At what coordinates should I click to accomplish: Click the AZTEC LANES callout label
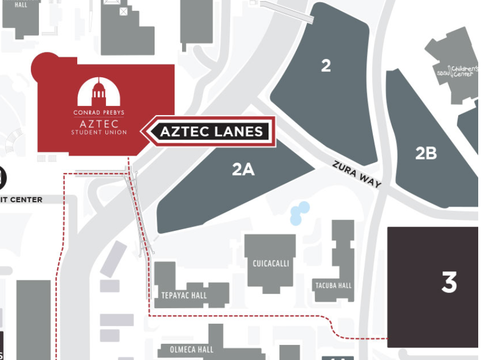pyautogui.click(x=211, y=131)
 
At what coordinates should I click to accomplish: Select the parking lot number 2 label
pyautogui.click(x=326, y=66)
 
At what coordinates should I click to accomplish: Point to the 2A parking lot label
pyautogui.click(x=243, y=170)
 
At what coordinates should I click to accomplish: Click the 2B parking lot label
pyautogui.click(x=426, y=154)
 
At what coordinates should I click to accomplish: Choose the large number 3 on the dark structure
pyautogui.click(x=449, y=283)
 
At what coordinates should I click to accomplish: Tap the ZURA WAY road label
pyautogui.click(x=357, y=175)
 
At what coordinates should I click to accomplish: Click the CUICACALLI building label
pyautogui.click(x=271, y=264)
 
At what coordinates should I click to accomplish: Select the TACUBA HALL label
pyautogui.click(x=333, y=285)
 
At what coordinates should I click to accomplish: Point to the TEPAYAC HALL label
pyautogui.click(x=184, y=296)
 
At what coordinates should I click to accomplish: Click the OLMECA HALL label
pyautogui.click(x=191, y=350)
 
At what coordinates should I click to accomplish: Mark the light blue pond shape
pyautogui.click(x=299, y=213)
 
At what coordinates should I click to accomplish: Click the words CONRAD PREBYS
pyautogui.click(x=99, y=113)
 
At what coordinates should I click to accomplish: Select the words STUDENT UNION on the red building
pyautogui.click(x=99, y=132)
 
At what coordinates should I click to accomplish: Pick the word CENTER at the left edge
pyautogui.click(x=26, y=200)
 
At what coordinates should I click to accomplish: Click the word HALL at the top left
pyautogui.click(x=21, y=5)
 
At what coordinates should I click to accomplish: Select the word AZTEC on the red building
pyautogui.click(x=99, y=123)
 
